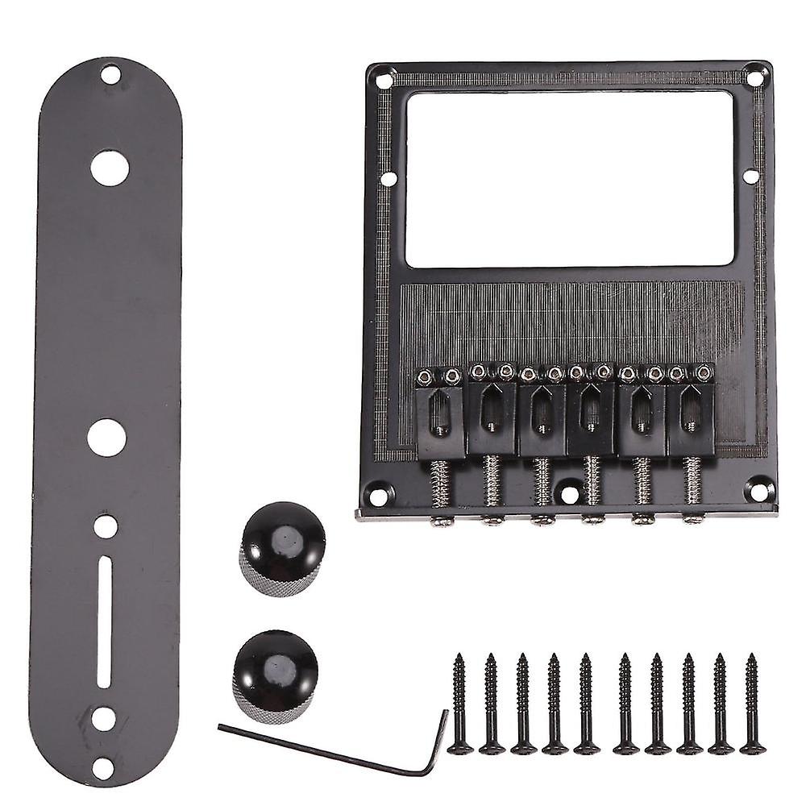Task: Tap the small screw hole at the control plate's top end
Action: click(x=111, y=77)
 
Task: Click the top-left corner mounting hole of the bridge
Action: click(x=381, y=79)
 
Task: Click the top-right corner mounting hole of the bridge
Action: click(x=755, y=78)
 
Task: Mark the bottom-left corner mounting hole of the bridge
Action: click(x=377, y=490)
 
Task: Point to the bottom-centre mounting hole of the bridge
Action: click(x=569, y=489)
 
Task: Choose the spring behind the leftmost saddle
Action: click(x=440, y=484)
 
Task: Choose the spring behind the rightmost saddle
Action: click(x=693, y=482)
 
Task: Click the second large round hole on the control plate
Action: click(x=106, y=436)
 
